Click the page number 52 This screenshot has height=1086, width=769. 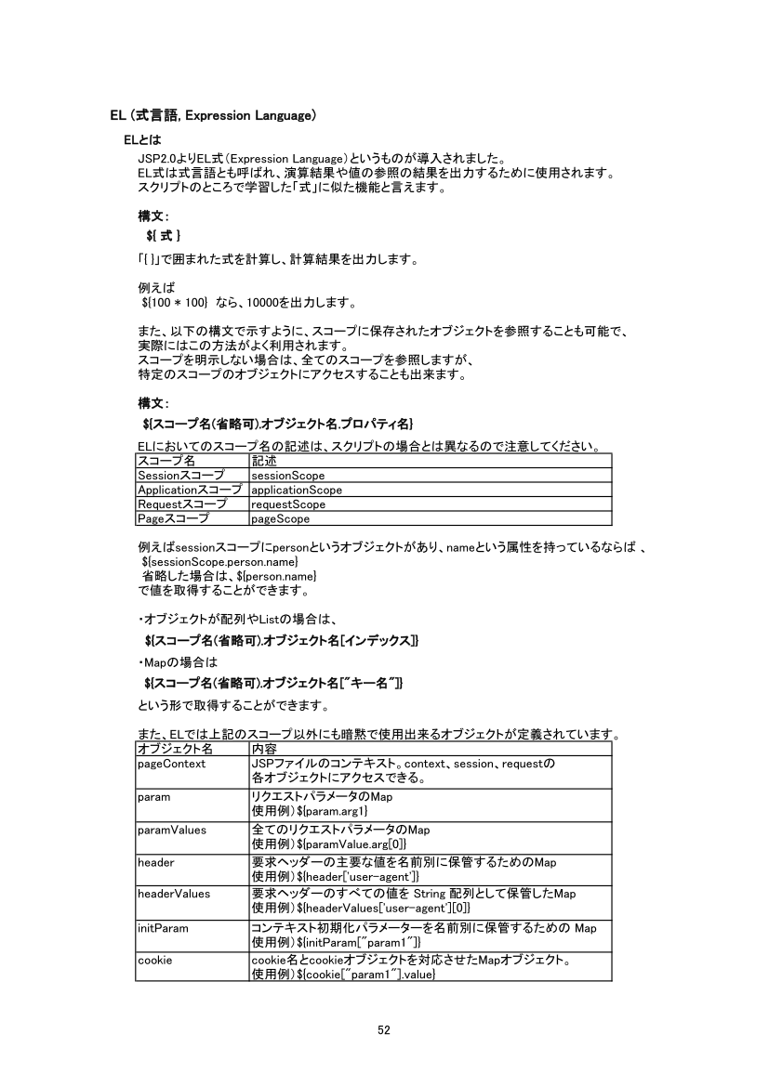point(384,1028)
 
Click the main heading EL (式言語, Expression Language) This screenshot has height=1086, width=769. point(214,115)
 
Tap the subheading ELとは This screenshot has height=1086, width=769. point(142,139)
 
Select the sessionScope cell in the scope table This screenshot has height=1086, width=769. point(287,476)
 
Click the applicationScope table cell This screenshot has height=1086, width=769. point(297,490)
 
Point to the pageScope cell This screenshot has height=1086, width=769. point(280,519)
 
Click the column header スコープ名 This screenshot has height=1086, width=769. point(166,461)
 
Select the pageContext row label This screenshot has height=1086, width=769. point(171,764)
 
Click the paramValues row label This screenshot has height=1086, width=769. point(171,830)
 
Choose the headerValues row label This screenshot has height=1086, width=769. point(173,894)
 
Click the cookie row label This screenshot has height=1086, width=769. point(154,960)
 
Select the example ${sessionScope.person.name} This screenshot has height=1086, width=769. point(219,563)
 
